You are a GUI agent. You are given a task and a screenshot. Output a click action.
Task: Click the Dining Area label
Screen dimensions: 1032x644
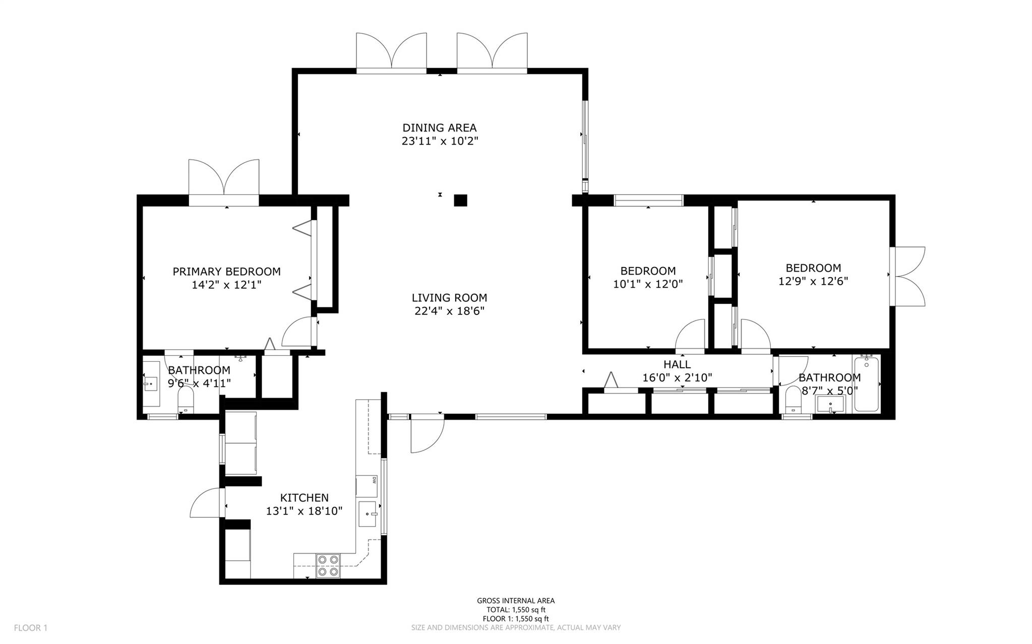tap(439, 128)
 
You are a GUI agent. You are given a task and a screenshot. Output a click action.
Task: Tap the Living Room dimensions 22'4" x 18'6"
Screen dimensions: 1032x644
tap(449, 311)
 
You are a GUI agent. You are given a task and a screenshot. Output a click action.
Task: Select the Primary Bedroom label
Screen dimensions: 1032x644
tap(226, 272)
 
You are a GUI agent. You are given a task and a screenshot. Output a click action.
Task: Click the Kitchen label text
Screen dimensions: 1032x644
tap(305, 498)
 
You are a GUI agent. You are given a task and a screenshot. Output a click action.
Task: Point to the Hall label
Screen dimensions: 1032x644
tap(677, 364)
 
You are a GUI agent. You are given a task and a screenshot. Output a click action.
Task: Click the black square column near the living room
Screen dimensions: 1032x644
tap(460, 201)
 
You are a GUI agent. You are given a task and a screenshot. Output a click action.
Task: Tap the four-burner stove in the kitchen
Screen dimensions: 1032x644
tap(328, 565)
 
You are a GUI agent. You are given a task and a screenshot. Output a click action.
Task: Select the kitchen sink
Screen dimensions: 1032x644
tap(369, 514)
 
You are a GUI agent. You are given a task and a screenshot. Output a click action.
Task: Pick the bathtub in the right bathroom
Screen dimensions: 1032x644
tap(866, 384)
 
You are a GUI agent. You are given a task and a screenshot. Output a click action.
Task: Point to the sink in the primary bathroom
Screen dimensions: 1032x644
tap(151, 384)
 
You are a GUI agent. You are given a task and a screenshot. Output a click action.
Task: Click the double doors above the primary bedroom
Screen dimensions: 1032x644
tap(224, 183)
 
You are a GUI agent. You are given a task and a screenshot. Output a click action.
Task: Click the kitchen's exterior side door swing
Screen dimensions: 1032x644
tap(206, 502)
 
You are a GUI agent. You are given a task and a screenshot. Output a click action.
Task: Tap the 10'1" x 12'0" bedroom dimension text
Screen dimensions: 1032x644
tap(648, 284)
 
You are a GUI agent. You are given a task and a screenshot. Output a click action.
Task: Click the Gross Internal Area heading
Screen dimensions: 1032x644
tap(516, 601)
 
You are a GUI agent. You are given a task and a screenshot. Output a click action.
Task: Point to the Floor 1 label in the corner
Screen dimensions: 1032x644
tap(31, 628)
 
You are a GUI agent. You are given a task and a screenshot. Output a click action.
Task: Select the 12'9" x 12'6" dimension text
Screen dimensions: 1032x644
tap(813, 281)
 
